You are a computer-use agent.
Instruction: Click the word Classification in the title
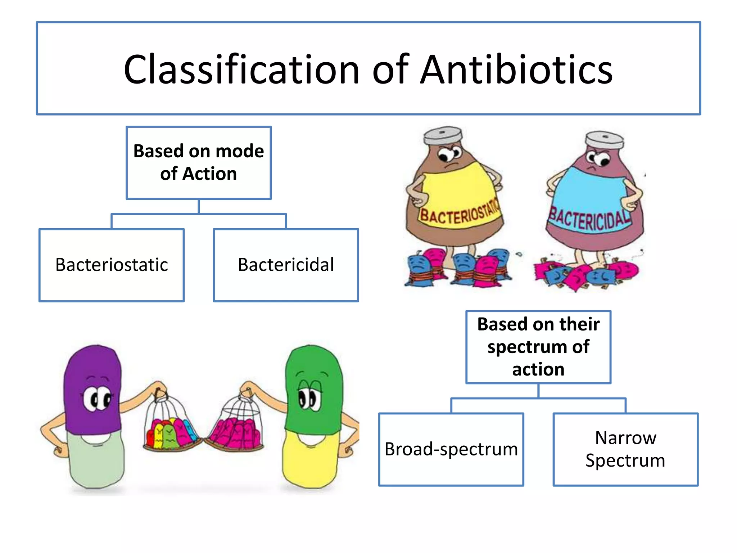pos(241,70)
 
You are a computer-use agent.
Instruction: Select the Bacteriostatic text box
pos(112,265)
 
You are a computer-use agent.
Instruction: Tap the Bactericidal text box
pos(286,265)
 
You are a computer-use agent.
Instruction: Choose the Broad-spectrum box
pos(451,449)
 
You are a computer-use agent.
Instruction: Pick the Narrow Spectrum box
pos(625,449)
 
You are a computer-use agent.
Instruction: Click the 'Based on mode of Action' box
pos(199,163)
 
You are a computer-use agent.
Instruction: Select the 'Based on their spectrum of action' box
pos(538,347)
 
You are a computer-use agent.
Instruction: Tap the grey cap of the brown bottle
pos(443,135)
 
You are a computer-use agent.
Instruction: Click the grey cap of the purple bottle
pos(605,139)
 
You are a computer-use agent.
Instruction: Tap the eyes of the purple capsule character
pos(97,399)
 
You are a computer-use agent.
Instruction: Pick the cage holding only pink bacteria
pos(238,425)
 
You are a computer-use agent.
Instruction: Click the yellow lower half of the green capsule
pos(309,461)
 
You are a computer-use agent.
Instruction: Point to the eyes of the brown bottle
pos(450,154)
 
